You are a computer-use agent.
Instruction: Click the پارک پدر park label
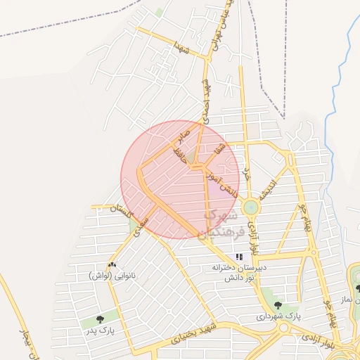click(x=101, y=328)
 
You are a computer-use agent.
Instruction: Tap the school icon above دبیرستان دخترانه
click(x=240, y=257)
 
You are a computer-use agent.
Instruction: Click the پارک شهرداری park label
click(x=278, y=316)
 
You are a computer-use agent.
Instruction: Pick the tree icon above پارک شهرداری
click(x=278, y=305)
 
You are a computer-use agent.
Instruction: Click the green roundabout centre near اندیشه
click(x=250, y=207)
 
